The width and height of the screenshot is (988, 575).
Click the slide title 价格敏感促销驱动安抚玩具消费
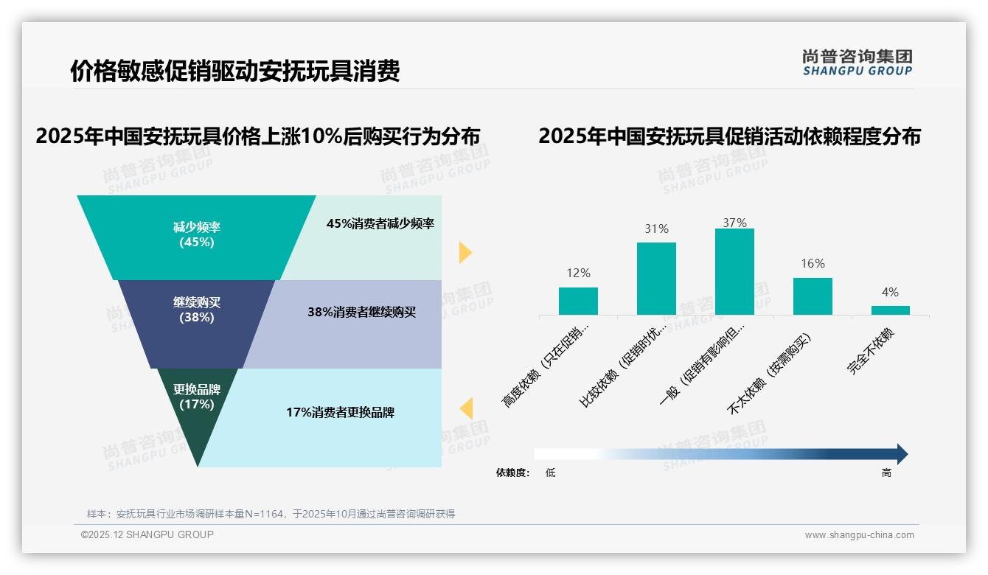(x=235, y=71)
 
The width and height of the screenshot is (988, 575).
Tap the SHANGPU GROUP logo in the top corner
(x=857, y=63)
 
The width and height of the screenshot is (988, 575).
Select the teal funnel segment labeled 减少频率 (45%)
(x=196, y=235)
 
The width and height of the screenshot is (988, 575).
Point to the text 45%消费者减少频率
(x=380, y=224)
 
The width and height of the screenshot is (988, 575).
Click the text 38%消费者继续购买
(x=361, y=312)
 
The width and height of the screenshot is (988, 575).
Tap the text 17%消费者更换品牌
(x=340, y=412)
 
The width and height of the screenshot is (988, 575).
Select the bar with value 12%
(x=578, y=301)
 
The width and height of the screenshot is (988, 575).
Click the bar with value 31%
(x=656, y=279)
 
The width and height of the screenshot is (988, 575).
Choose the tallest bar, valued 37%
(x=734, y=271)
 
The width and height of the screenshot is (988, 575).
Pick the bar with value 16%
(x=813, y=296)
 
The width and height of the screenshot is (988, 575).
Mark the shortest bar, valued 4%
(x=890, y=310)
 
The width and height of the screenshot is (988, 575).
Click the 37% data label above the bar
(x=734, y=223)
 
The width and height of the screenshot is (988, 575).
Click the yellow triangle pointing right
(x=465, y=252)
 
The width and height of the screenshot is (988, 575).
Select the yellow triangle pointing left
(x=466, y=408)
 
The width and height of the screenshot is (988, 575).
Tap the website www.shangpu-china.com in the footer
(x=859, y=535)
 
